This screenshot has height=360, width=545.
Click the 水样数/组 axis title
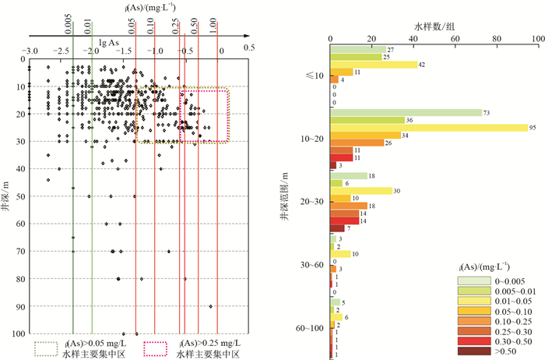tap(434, 26)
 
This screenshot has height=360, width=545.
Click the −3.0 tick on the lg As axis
tap(30, 51)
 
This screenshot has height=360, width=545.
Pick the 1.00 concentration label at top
tap(213, 23)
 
